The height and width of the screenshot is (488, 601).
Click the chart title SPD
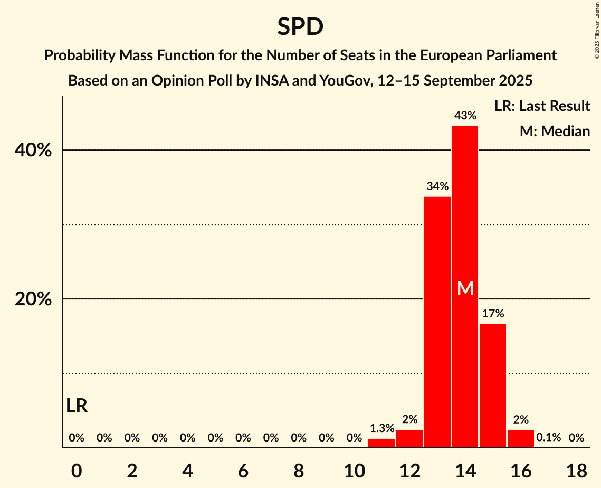point(300,26)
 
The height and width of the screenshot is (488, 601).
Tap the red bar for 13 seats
point(437,322)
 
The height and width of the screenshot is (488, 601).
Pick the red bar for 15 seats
point(493,386)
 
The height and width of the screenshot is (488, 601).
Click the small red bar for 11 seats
point(381,443)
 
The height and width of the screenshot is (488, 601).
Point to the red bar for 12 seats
point(409,439)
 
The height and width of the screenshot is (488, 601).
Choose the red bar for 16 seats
point(521,439)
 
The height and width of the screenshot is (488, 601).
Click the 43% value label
point(465,115)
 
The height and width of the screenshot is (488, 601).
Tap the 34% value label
point(437,186)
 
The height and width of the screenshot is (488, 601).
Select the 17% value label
point(493,313)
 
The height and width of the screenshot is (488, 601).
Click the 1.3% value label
point(381,428)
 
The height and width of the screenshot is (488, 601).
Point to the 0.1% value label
point(548,438)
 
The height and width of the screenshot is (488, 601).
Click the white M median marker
point(465,288)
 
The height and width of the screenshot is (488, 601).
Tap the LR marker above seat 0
point(77,406)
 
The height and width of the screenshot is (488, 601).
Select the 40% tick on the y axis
point(33,151)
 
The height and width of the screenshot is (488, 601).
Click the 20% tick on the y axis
point(33,299)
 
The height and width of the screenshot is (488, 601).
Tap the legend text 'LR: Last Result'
point(542,106)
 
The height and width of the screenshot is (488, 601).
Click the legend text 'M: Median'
point(555,131)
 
